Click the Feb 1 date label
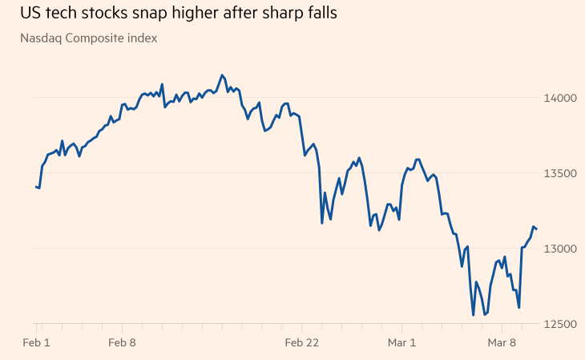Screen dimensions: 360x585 (37, 343)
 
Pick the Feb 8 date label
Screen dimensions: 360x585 (123, 343)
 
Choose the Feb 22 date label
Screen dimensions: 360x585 (301, 343)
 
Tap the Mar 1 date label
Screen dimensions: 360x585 (401, 343)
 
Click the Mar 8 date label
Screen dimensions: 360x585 (502, 343)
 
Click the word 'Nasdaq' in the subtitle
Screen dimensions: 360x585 (42, 38)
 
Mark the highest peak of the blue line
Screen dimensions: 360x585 (222, 75)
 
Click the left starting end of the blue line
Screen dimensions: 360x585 (36, 187)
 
